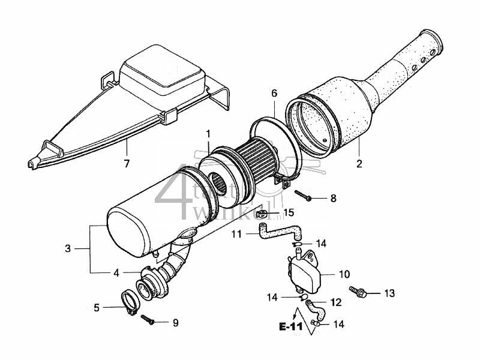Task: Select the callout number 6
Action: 274,94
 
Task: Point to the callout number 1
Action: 208,133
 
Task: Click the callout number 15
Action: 289,213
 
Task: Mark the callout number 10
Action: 343,275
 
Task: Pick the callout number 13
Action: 389,293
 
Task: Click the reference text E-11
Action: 291,327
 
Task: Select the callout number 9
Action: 175,323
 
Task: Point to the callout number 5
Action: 97,308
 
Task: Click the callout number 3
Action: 68,248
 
